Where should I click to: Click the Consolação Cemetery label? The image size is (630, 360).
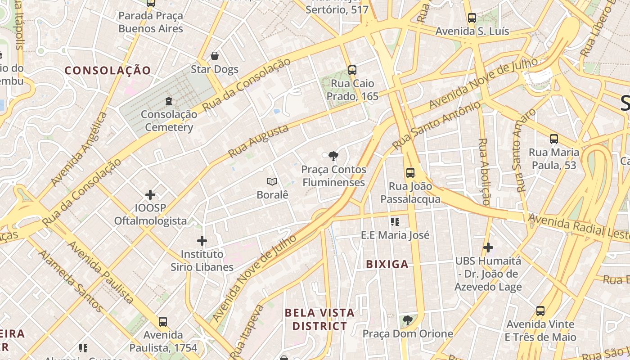click(169, 121)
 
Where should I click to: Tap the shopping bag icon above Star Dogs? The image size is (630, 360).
click(215, 56)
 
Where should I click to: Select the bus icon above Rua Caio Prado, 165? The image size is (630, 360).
click(352, 70)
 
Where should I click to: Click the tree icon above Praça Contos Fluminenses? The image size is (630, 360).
click(333, 156)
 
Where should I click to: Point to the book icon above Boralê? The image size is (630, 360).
click(272, 181)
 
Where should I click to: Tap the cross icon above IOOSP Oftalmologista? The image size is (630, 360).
click(150, 195)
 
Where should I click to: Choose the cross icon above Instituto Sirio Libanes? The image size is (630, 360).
click(202, 241)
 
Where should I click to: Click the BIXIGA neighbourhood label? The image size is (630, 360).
click(387, 264)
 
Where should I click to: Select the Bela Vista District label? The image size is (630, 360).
click(319, 319)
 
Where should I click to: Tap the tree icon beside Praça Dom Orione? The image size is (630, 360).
click(408, 320)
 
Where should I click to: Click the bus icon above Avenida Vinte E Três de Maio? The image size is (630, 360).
click(540, 310)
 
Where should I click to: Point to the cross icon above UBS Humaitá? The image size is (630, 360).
click(488, 247)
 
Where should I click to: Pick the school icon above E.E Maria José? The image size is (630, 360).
click(396, 221)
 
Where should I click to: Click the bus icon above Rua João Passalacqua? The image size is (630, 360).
click(410, 172)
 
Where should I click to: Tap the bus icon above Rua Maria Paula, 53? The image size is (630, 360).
click(553, 139)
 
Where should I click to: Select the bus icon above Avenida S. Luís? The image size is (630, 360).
click(472, 18)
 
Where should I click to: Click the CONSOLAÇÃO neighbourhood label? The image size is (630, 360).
click(108, 70)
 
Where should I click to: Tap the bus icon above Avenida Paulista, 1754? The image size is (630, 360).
click(163, 322)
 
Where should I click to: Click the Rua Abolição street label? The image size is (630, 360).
click(483, 171)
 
